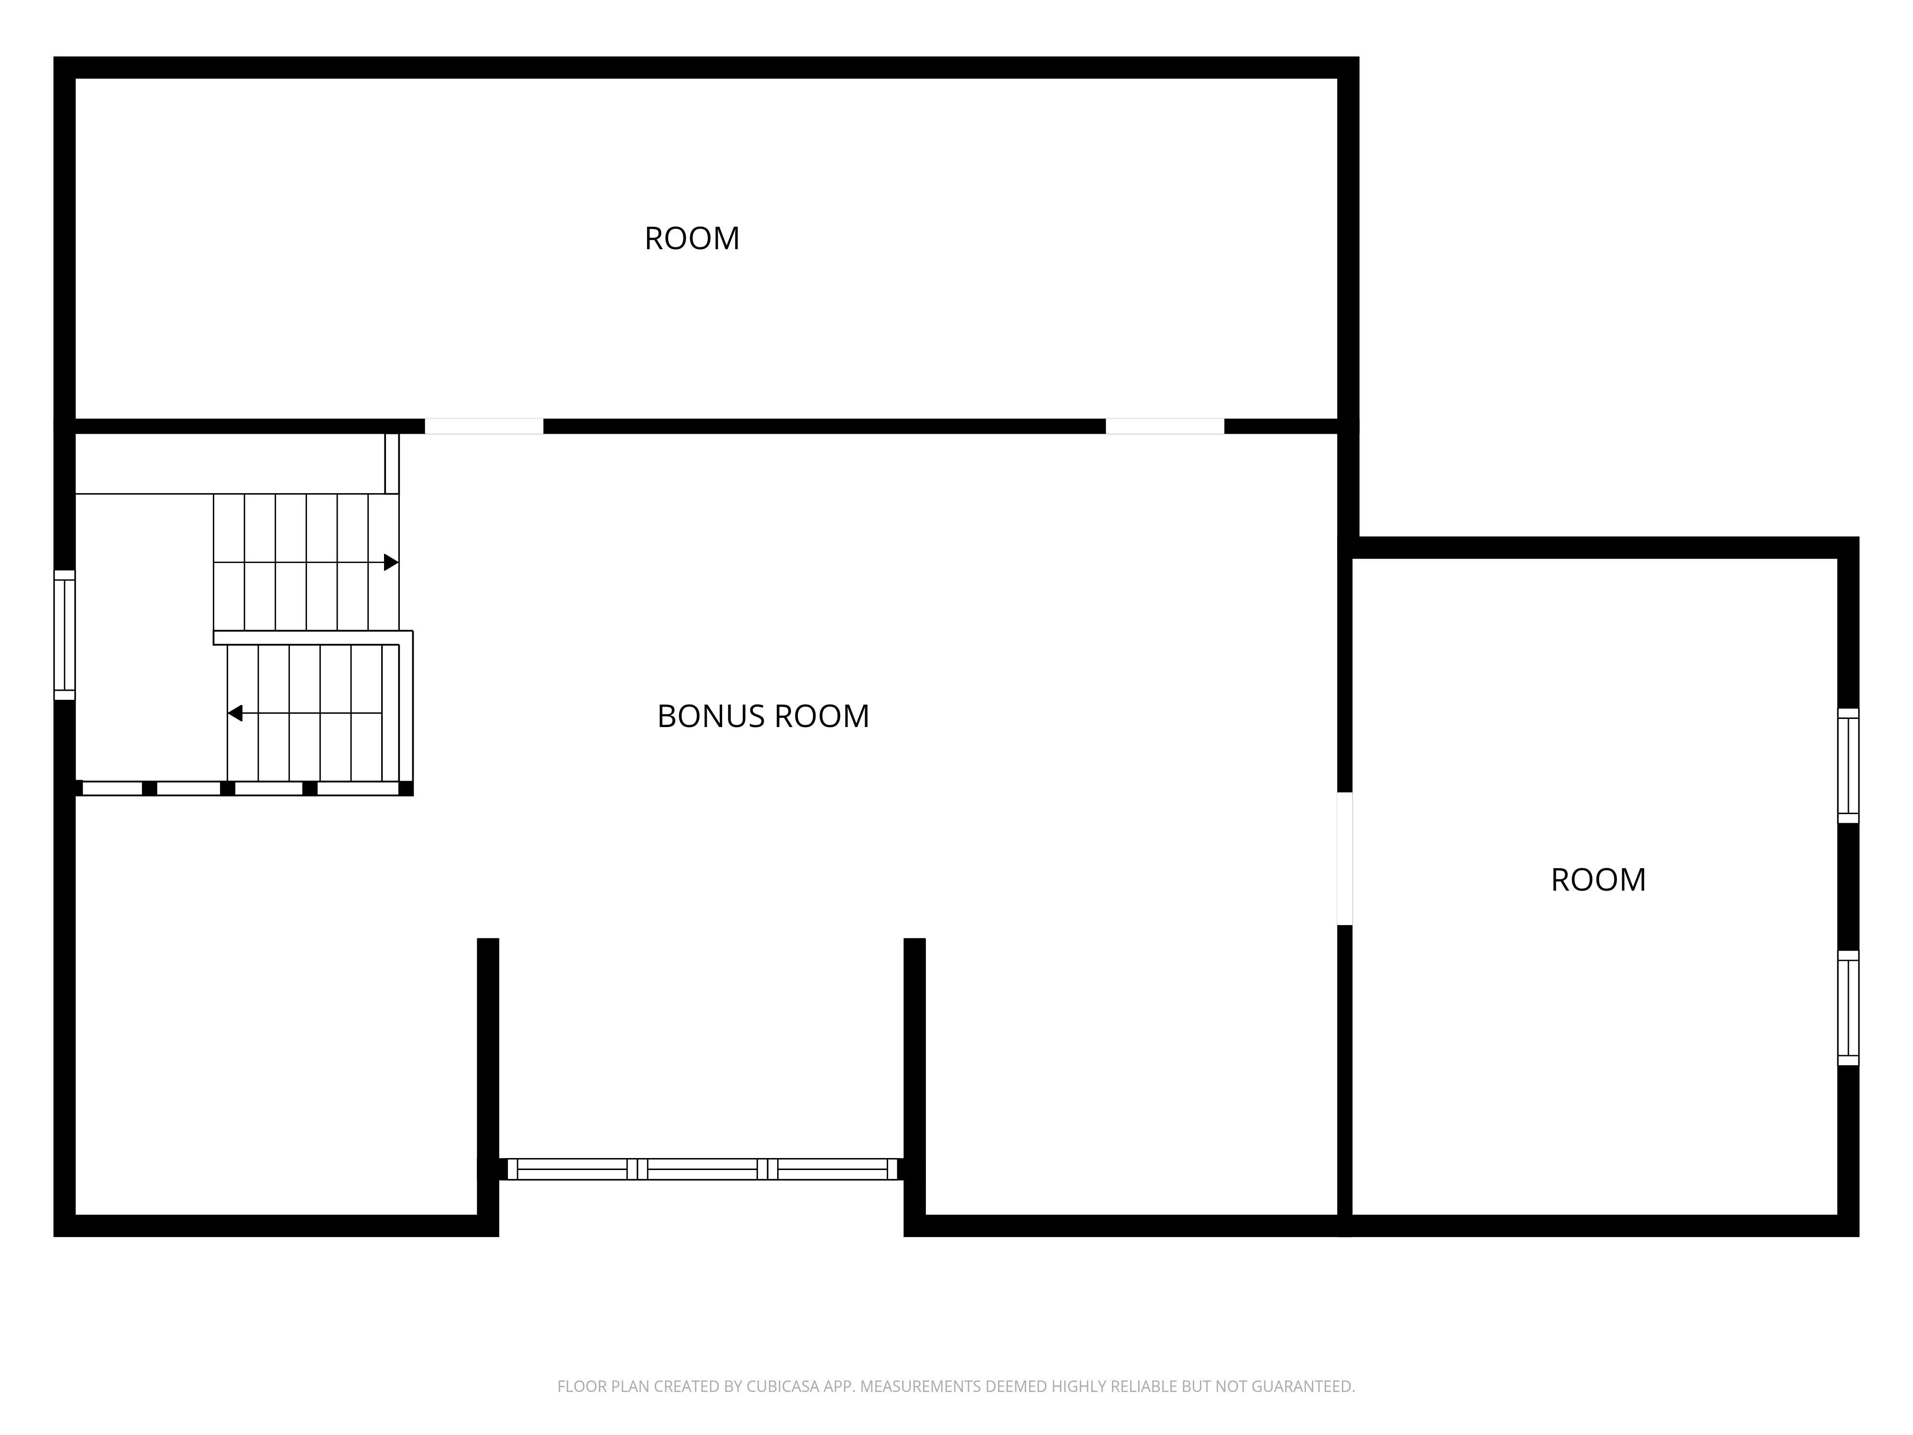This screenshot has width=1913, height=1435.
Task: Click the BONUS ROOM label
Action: tap(763, 716)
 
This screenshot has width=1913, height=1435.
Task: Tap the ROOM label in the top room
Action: tap(692, 239)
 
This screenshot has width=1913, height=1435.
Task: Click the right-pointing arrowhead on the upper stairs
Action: tap(391, 562)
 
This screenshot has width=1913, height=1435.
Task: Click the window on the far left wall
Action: tap(65, 635)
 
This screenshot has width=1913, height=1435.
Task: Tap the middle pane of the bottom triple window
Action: tap(702, 1170)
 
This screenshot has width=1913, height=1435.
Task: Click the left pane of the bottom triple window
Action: tap(572, 1170)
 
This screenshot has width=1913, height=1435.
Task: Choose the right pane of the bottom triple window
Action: tap(833, 1170)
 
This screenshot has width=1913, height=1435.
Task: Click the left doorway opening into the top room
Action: tap(484, 427)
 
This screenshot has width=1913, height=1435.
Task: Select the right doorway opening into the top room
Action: tap(1165, 427)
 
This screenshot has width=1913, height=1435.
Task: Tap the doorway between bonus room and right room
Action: tap(1345, 859)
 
